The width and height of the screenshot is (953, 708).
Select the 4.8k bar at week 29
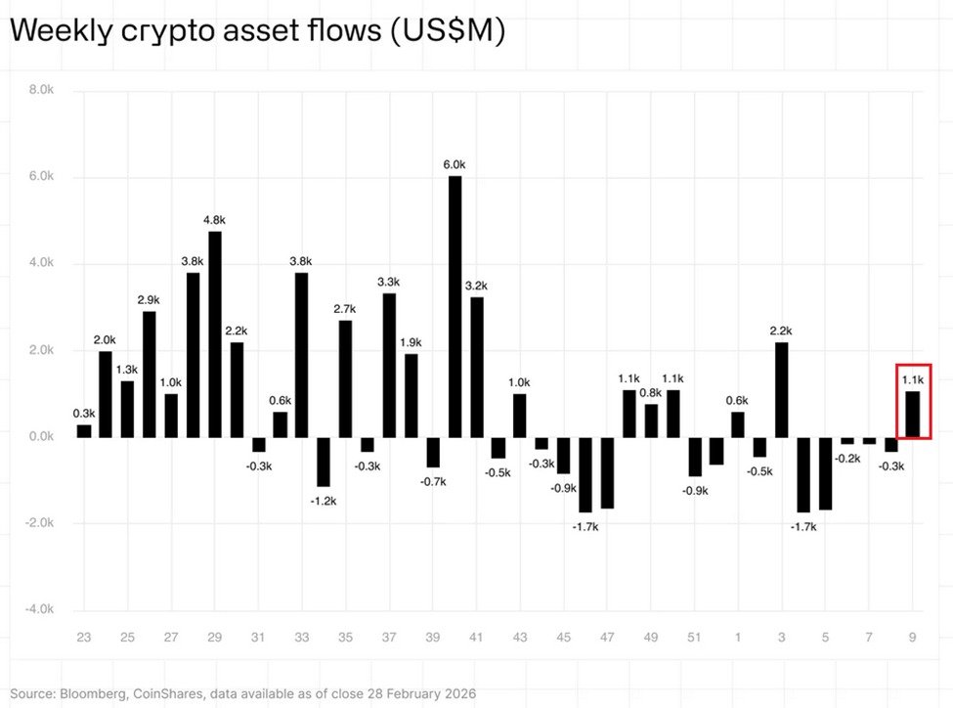[x=215, y=333]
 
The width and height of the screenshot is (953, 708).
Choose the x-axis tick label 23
[x=84, y=639]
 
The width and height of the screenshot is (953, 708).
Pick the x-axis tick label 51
[x=694, y=639]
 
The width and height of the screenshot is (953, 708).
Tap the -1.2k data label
[x=323, y=501]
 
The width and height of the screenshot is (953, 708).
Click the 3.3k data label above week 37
[x=389, y=283]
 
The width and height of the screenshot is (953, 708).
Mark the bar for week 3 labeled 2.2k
[x=781, y=389]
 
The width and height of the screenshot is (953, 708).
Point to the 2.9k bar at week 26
[x=150, y=374]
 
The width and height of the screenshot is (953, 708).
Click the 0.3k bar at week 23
[x=84, y=430]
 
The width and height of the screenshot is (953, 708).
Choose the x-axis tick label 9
[x=912, y=639]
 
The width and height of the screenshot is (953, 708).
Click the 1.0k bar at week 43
[x=520, y=415]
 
